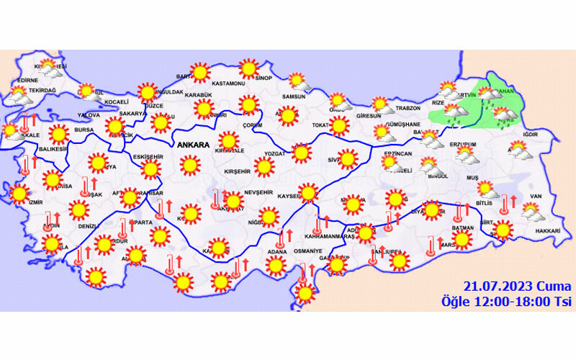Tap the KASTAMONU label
click(x=230, y=84)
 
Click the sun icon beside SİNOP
click(x=248, y=69)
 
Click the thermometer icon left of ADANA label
click(x=281, y=237)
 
